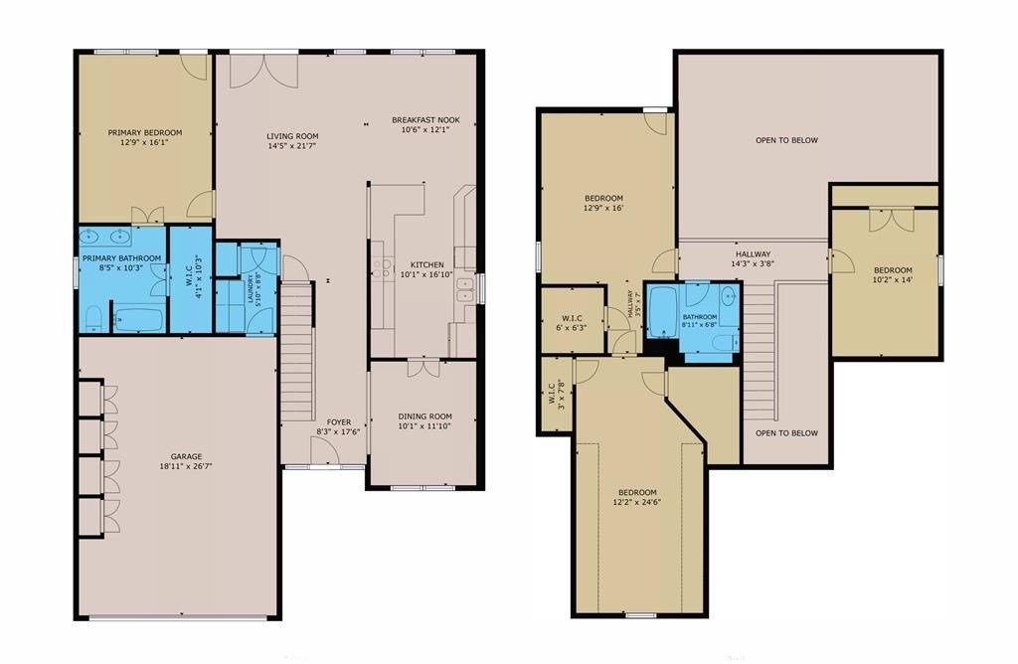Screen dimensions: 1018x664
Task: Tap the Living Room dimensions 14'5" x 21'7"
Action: [x=292, y=146]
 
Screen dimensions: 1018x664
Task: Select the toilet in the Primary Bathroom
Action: [x=93, y=317]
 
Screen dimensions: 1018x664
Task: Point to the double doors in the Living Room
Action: [x=264, y=72]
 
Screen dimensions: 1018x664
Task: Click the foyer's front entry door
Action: [x=325, y=451]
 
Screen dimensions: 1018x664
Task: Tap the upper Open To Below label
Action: [x=787, y=140]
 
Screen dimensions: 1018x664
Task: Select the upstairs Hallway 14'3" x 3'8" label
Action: [x=754, y=259]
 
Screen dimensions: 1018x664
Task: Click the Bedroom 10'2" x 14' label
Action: [x=893, y=275]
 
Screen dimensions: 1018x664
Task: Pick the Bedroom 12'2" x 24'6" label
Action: [x=637, y=497]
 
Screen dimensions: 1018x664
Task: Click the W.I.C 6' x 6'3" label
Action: [x=572, y=323]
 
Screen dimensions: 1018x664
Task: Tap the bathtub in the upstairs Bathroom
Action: [x=663, y=312]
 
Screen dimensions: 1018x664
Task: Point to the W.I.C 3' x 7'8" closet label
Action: [x=557, y=392]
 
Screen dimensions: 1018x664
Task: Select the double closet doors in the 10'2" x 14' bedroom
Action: [x=892, y=220]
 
